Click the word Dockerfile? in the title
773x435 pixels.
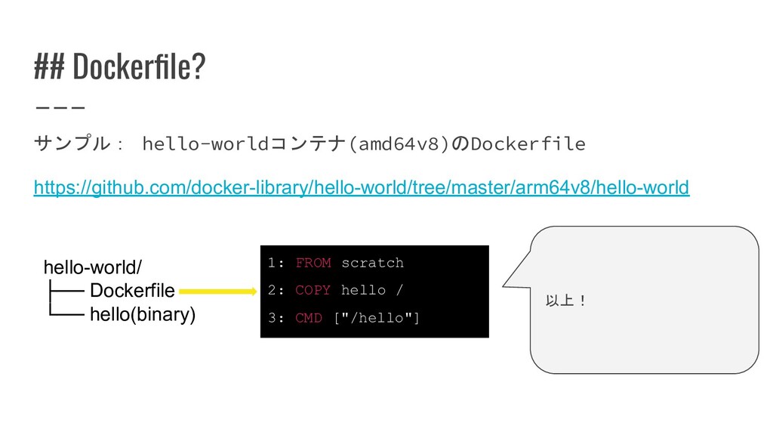[x=139, y=66]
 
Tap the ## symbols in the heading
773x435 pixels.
[x=49, y=66]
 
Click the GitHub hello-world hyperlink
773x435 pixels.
[x=362, y=187]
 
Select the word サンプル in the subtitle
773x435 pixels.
[x=72, y=143]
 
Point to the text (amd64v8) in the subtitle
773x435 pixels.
[x=399, y=143]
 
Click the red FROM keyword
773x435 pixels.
[x=313, y=262]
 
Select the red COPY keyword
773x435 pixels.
[x=313, y=290]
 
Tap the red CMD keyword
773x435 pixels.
[x=309, y=318]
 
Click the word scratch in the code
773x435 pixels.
[x=373, y=263]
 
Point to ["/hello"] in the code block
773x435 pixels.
[x=377, y=318]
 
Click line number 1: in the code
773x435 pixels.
[x=276, y=262]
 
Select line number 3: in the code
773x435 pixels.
[x=276, y=318]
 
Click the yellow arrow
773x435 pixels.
[x=218, y=292]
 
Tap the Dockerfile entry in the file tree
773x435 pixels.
[x=132, y=291]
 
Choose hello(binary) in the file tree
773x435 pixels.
[x=143, y=315]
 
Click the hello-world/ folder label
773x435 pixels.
[x=93, y=267]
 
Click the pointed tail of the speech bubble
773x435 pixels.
[x=504, y=285]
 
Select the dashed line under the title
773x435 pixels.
[x=60, y=107]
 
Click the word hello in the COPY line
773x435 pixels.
[x=363, y=290]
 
